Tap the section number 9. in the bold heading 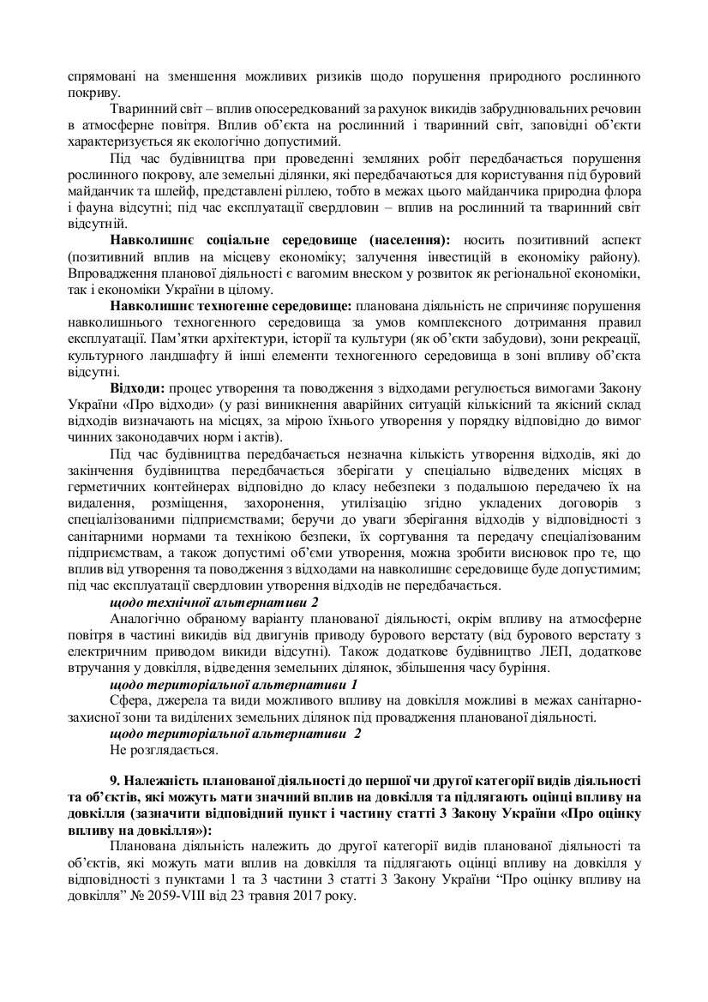pyautogui.click(x=116, y=779)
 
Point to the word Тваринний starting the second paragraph pyautogui.click(x=139, y=111)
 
